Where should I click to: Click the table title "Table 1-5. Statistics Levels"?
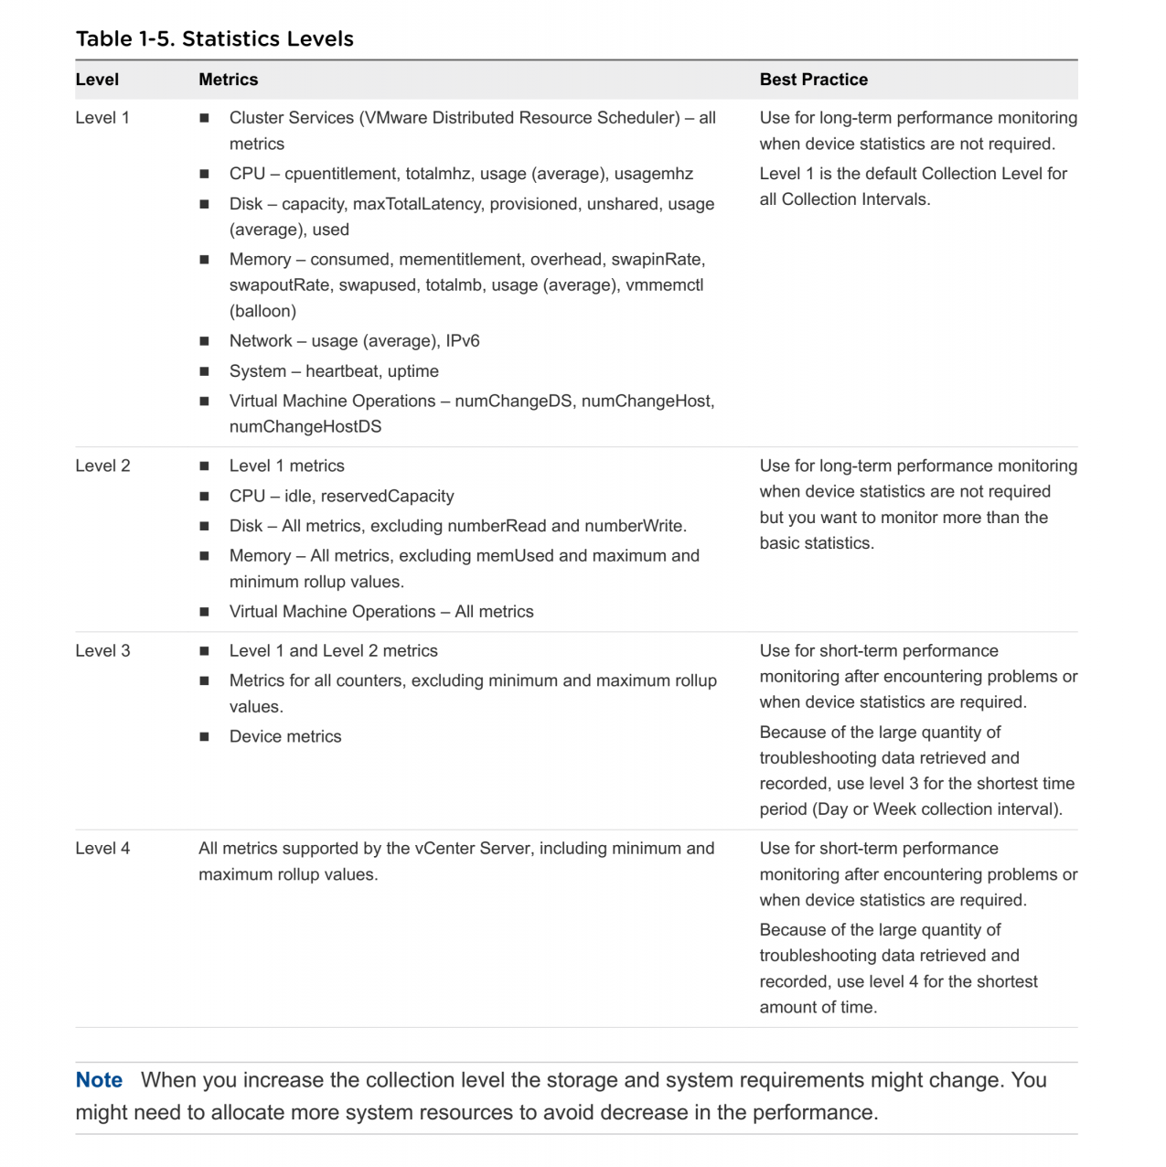pyautogui.click(x=214, y=38)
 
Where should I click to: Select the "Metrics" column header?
pyautogui.click(x=228, y=80)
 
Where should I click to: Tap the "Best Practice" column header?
pyautogui.click(x=813, y=80)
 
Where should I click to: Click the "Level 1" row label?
pyautogui.click(x=102, y=118)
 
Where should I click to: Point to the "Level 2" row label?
pyautogui.click(x=102, y=466)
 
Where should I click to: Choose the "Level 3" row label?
pyautogui.click(x=102, y=650)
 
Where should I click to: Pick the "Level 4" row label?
pyautogui.click(x=102, y=848)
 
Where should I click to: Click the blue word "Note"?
pyautogui.click(x=99, y=1080)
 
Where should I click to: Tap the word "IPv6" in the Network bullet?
pyautogui.click(x=463, y=340)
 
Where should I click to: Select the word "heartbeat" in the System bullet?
pyautogui.click(x=342, y=370)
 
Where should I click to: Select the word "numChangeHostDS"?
pyautogui.click(x=305, y=426)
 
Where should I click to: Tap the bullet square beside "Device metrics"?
pyautogui.click(x=204, y=736)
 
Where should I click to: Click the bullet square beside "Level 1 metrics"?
pyautogui.click(x=204, y=466)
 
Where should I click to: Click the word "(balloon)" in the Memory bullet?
pyautogui.click(x=262, y=311)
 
